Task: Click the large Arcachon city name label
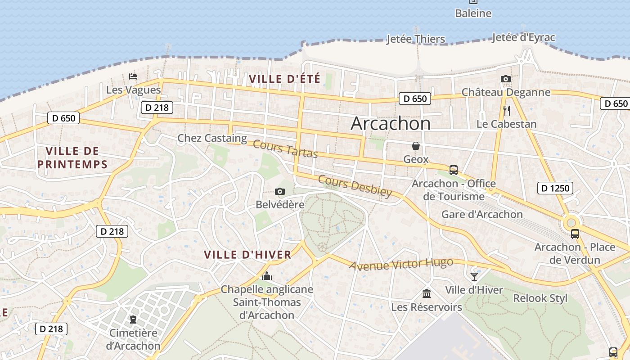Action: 390,123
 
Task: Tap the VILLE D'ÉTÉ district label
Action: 284,79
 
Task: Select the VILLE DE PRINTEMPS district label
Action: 72,157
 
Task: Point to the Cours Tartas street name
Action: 285,149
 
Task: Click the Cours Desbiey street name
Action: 355,186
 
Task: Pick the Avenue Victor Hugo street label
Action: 401,264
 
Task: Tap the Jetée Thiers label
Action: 416,39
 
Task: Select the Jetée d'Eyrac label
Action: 523,38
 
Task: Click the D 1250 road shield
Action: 555,188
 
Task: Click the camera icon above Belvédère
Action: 279,192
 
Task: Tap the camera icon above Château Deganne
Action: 506,79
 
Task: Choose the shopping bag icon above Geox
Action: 416,146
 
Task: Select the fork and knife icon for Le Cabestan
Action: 507,110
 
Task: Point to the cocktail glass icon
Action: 474,276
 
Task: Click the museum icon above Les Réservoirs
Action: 426,294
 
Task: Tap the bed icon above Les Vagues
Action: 133,76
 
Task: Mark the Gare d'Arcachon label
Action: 482,214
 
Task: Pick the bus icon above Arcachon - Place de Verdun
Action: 575,234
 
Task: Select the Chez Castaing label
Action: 212,138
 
